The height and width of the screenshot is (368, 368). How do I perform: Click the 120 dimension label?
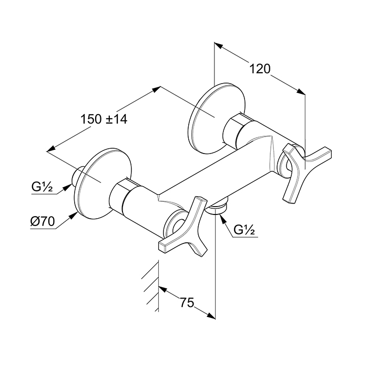(x=260, y=69)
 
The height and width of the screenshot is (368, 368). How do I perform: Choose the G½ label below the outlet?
(x=244, y=230)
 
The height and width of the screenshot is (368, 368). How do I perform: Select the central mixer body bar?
(x=210, y=168)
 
